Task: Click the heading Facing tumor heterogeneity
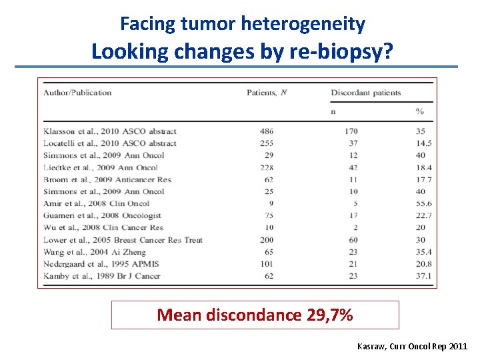pyautogui.click(x=243, y=25)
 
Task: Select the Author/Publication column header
pyautogui.click(x=77, y=93)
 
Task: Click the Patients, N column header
pyautogui.click(x=267, y=93)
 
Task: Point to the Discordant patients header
pyautogui.click(x=366, y=93)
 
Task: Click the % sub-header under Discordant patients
pyautogui.click(x=420, y=111)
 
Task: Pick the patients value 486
pyautogui.click(x=267, y=131)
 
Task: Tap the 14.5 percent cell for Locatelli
pyautogui.click(x=423, y=143)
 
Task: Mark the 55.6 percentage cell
pyautogui.click(x=423, y=203)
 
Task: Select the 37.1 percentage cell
pyautogui.click(x=423, y=275)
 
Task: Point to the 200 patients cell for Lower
pyautogui.click(x=267, y=239)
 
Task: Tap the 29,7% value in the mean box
pyautogui.click(x=330, y=315)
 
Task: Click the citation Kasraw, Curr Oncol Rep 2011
pyautogui.click(x=412, y=347)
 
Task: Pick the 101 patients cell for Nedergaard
pyautogui.click(x=267, y=263)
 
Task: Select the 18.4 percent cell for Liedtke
pyautogui.click(x=423, y=167)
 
